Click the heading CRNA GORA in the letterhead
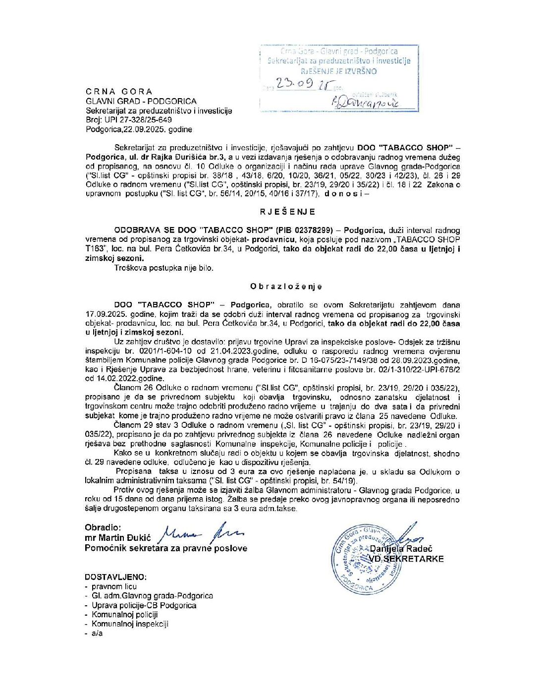pyautogui.click(x=119, y=92)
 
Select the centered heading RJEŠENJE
pyautogui.click(x=287, y=212)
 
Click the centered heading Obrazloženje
pyautogui.click(x=286, y=287)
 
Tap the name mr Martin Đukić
pyautogui.click(x=117, y=538)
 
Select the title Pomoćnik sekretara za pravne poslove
pyautogui.click(x=165, y=548)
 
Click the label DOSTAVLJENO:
pyautogui.click(x=115, y=577)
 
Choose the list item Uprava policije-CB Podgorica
pyautogui.click(x=144, y=605)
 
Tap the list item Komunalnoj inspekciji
pyautogui.click(x=130, y=624)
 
